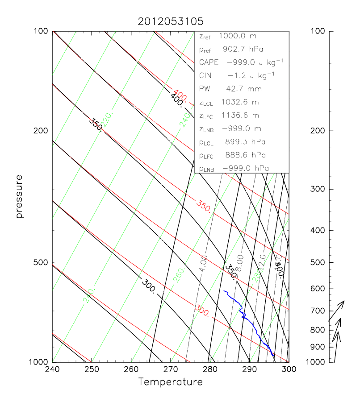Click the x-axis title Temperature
[x=170, y=382]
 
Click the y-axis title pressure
[x=19, y=196]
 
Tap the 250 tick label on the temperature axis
[x=92, y=370]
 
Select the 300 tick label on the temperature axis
[x=289, y=370]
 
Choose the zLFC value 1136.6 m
[x=240, y=115]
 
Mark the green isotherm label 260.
[x=179, y=277]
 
